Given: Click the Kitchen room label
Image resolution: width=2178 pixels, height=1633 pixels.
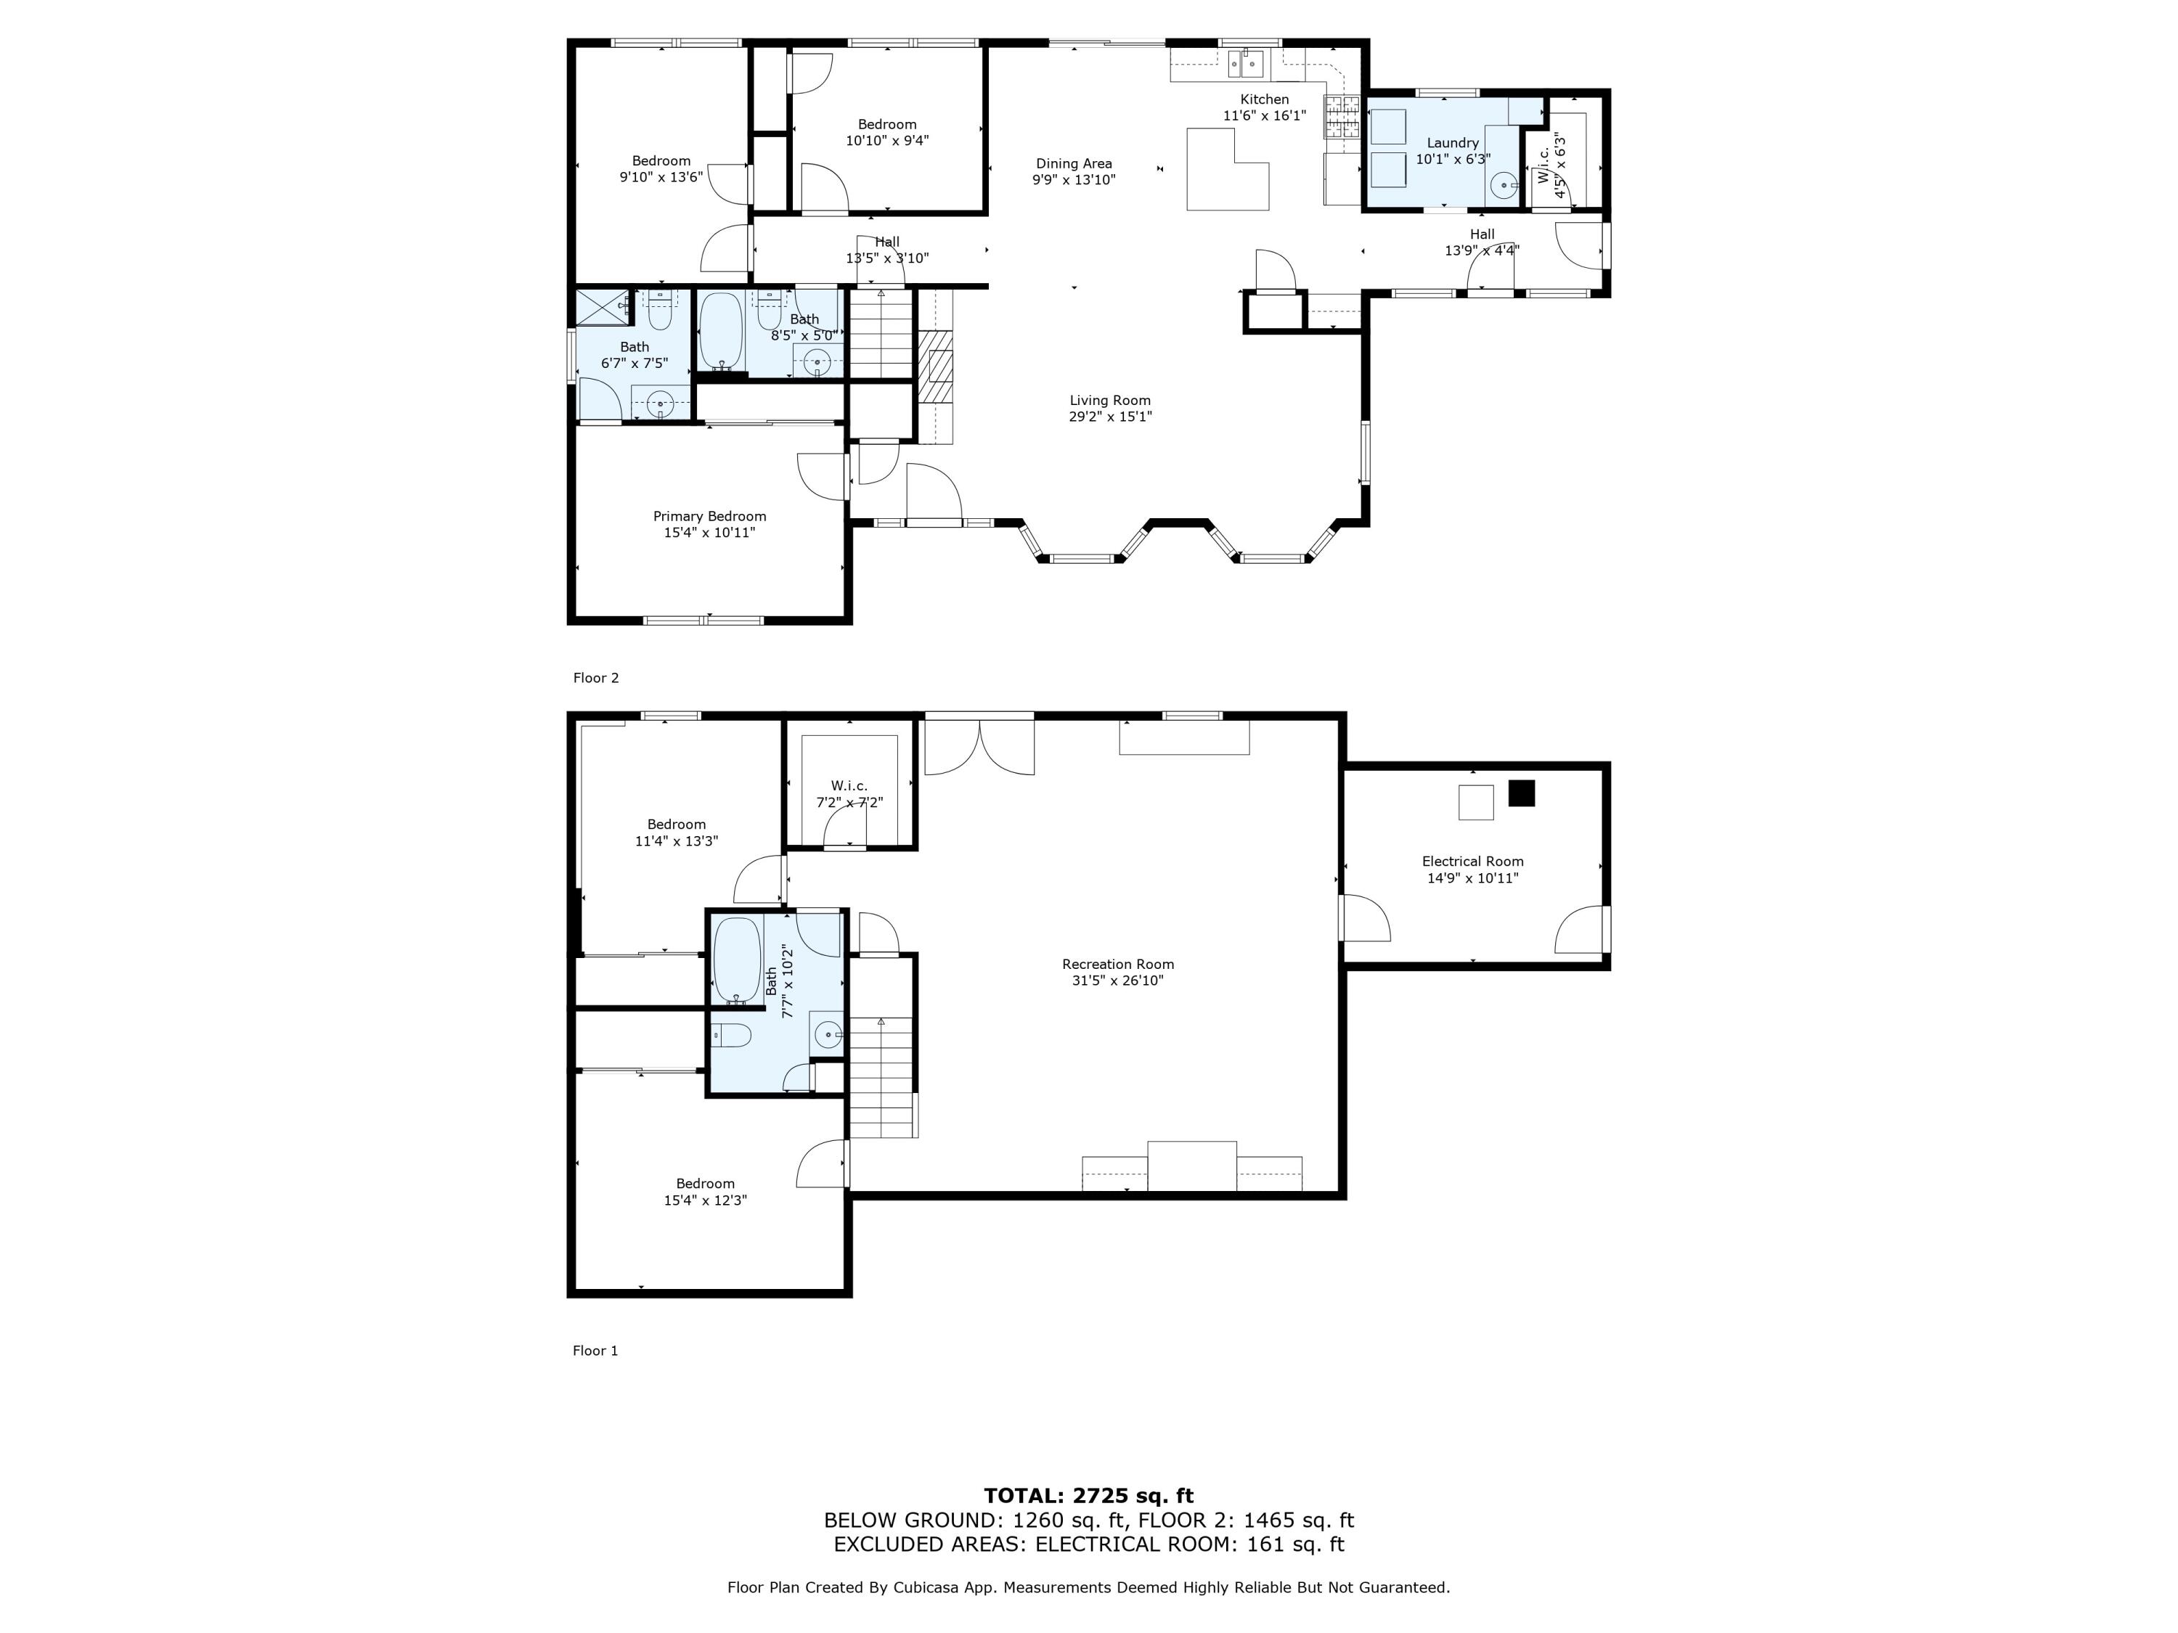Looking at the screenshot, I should (1263, 99).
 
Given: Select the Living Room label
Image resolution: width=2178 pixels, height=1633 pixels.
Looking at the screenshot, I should (1109, 401).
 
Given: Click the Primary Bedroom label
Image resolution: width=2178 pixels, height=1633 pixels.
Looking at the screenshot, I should (709, 517).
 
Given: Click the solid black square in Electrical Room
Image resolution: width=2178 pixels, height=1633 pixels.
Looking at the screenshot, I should (1521, 793).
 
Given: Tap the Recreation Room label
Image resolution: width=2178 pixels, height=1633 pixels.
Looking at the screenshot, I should (1117, 965).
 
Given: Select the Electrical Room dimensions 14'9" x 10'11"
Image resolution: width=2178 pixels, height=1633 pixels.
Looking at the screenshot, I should (1472, 878).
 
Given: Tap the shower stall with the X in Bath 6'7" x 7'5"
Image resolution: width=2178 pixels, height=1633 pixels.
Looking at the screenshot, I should (603, 307).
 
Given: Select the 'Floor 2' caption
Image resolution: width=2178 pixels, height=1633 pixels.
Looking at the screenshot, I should (596, 678).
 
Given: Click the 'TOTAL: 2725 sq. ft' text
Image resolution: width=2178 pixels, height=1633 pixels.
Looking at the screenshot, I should (1088, 1496).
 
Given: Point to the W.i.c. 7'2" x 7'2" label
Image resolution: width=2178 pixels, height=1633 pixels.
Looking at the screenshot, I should (849, 785).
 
